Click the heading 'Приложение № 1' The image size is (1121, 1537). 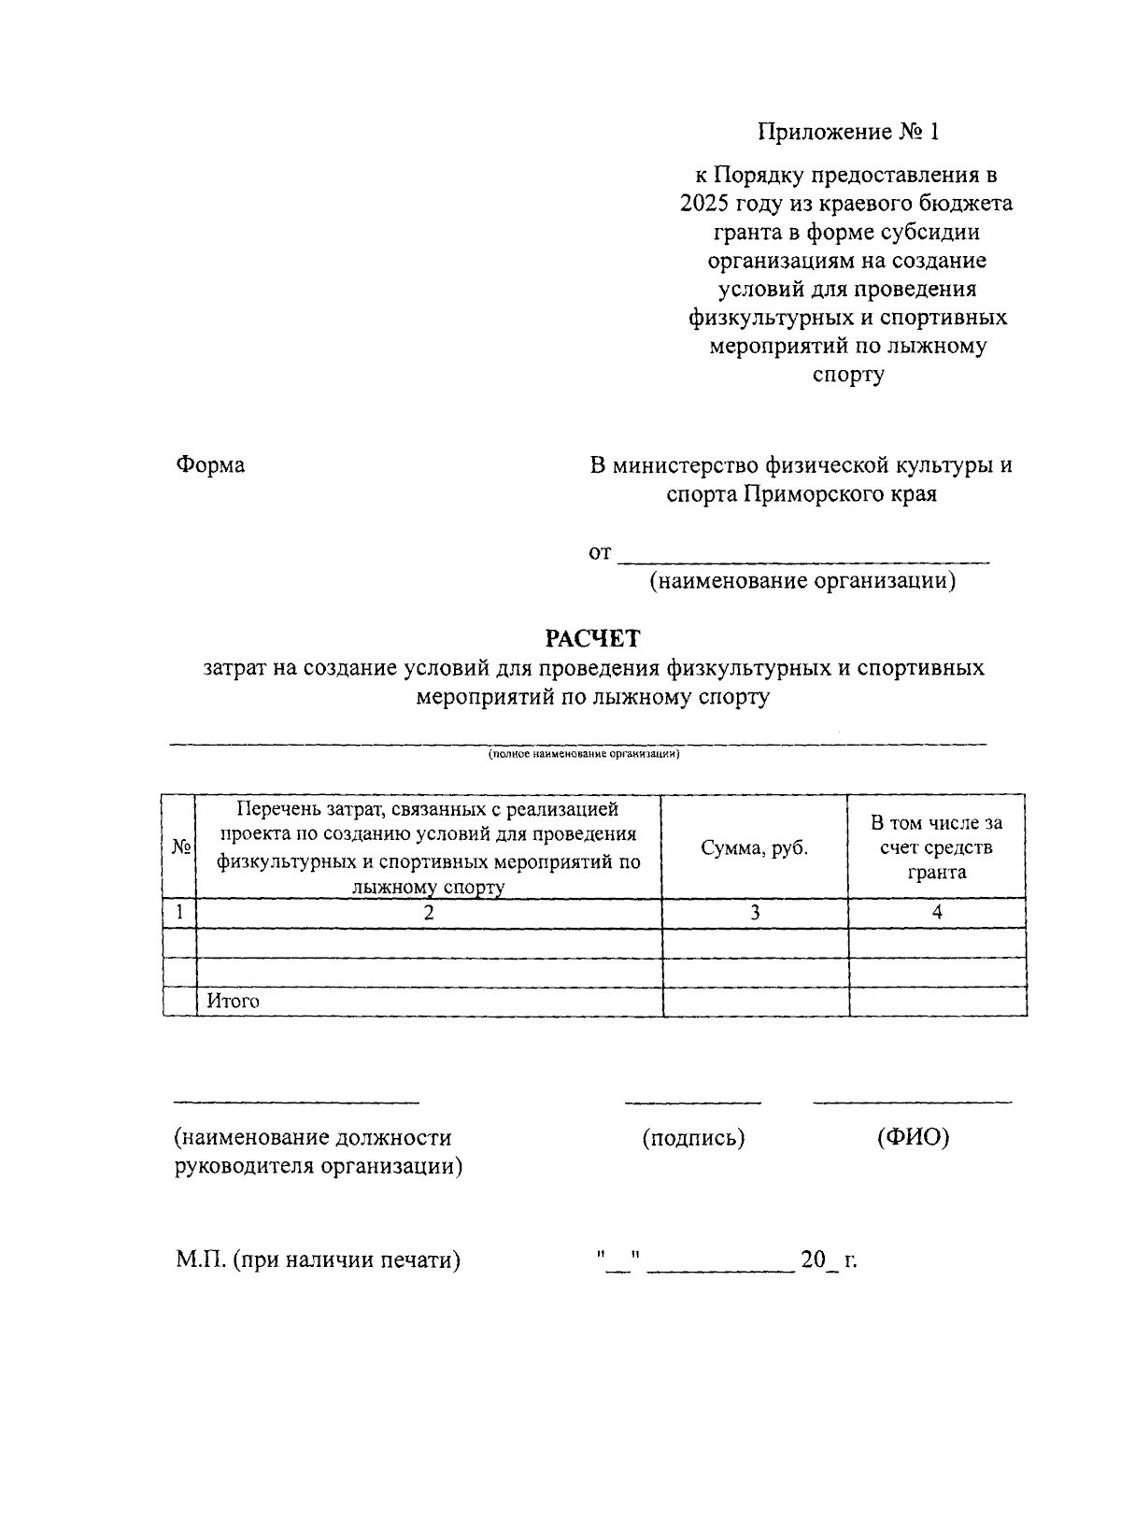point(847,132)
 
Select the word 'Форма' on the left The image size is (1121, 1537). point(210,464)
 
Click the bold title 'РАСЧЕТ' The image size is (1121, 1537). point(593,638)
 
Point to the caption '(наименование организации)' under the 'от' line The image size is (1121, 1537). point(803,581)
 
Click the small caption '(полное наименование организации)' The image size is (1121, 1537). point(583,753)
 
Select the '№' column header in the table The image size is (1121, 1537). point(179,847)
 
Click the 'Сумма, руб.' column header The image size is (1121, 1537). point(755,847)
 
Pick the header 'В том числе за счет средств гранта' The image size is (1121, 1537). point(936,847)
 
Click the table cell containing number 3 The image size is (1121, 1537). point(755,913)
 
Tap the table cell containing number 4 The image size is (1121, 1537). point(937,913)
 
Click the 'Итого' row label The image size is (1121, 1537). point(233,1001)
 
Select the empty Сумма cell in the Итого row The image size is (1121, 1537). point(755,1002)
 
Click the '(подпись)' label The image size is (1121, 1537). point(693,1138)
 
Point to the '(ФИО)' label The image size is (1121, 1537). point(913,1138)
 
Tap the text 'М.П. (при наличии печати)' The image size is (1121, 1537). point(319,1260)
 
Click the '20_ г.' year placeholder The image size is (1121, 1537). point(829,1260)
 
